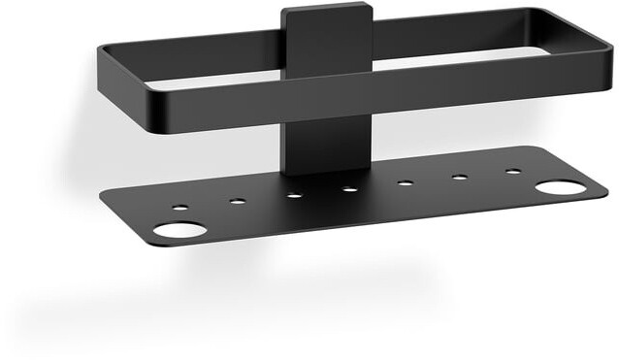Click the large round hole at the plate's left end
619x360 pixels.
point(180,230)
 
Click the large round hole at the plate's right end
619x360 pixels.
point(560,186)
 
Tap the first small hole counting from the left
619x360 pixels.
point(180,207)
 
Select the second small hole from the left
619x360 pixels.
point(237,202)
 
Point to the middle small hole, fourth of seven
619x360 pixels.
point(350,188)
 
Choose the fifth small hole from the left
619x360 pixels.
point(405,182)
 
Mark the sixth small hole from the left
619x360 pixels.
point(459,177)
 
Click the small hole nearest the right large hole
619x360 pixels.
point(512,172)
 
